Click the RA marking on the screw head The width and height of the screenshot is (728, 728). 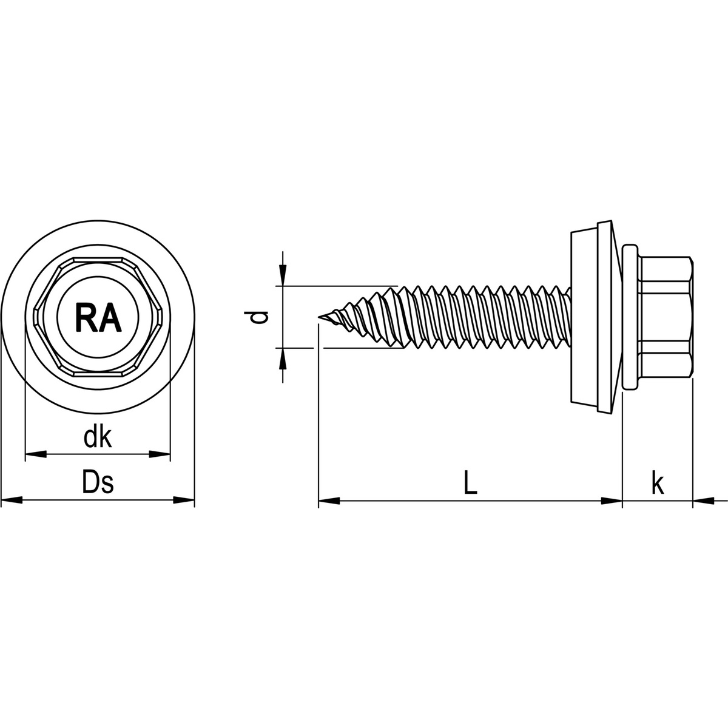[97, 317]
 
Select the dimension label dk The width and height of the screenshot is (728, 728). [98, 437]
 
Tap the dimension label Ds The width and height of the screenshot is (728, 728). [98, 484]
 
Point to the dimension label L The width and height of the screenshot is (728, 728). [470, 484]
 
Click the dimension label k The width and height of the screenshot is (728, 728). [657, 484]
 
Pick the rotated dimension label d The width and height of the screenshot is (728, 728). [259, 317]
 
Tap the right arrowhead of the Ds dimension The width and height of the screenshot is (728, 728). [184, 500]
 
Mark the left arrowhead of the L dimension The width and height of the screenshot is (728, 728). [329, 500]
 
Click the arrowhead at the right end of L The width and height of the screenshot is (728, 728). [612, 500]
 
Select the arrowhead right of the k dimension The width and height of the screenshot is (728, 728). [703, 500]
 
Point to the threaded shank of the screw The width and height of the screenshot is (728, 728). [479, 317]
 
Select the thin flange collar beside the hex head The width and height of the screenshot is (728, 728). [630, 317]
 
